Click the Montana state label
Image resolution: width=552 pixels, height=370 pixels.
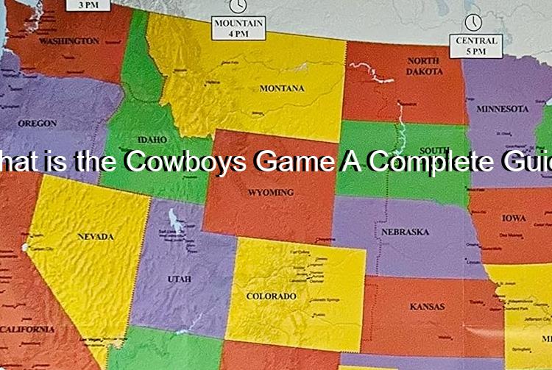[282, 88]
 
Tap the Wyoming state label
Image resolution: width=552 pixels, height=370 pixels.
[271, 193]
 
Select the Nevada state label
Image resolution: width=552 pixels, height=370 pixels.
[96, 237]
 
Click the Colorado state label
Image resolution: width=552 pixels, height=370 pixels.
[271, 296]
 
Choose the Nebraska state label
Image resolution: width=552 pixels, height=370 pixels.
[405, 232]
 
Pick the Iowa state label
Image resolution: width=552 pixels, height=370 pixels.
[514, 218]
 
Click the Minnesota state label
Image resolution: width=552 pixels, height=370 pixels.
[502, 109]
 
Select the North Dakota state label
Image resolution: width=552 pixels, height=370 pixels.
[425, 66]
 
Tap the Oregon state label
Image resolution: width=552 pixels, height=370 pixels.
[37, 124]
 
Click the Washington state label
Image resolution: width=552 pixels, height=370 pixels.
[68, 41]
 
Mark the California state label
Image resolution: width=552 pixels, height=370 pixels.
[27, 330]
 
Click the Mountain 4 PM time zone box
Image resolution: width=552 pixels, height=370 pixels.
[238, 29]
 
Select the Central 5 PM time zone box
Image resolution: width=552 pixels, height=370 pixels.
[476, 46]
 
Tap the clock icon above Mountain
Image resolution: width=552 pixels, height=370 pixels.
[238, 6]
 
